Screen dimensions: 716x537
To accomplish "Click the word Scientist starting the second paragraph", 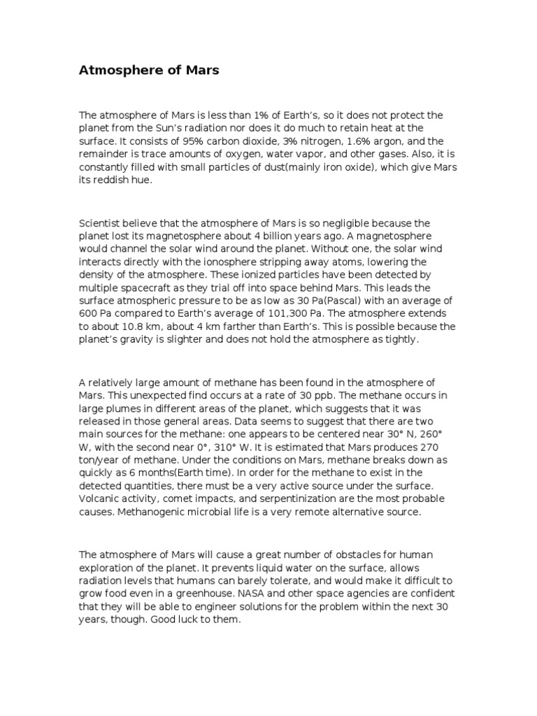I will pyautogui.click(x=102, y=223).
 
